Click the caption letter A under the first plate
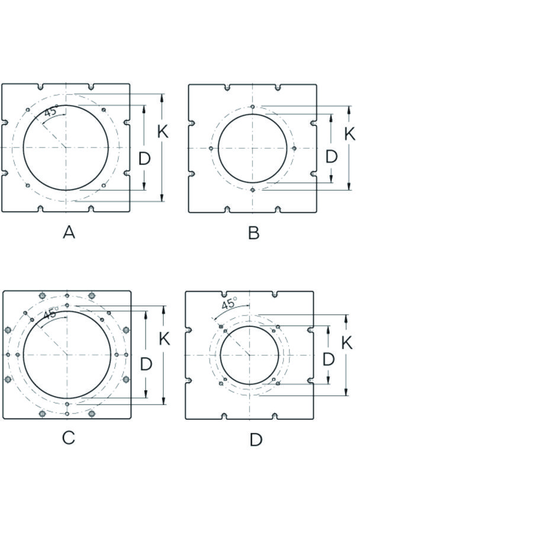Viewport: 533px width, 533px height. tap(69, 233)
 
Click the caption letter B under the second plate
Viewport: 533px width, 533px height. tap(254, 233)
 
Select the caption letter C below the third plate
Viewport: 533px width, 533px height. tap(68, 438)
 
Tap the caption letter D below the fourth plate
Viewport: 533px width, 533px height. tap(256, 440)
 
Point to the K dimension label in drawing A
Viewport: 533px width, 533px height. tap(163, 131)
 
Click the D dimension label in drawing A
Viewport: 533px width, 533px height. tap(145, 158)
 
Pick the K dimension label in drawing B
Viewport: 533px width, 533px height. tap(350, 134)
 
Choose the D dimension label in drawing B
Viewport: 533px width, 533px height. tap(332, 157)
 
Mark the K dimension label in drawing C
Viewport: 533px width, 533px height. tap(165, 339)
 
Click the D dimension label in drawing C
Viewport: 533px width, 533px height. tap(146, 364)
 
